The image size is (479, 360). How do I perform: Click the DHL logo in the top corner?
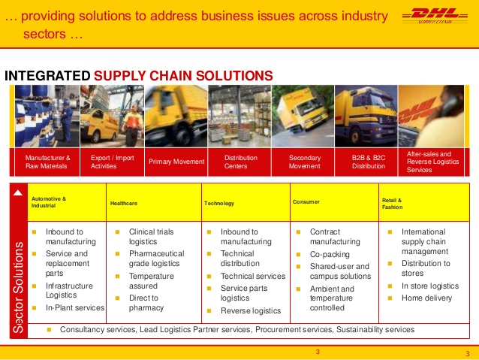click(435, 16)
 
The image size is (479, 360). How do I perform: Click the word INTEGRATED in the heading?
click(47, 76)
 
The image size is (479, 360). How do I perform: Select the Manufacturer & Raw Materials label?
click(47, 162)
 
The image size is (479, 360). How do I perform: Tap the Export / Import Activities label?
click(112, 162)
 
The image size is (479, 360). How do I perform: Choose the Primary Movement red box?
click(176, 162)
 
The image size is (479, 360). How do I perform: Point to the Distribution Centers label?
click(241, 162)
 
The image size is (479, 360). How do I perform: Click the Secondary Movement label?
click(305, 162)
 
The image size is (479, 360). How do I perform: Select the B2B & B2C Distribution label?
click(369, 162)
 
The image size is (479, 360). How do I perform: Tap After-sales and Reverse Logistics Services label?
click(432, 162)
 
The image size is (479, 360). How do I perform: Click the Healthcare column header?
click(124, 204)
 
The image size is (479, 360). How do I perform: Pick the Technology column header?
click(219, 204)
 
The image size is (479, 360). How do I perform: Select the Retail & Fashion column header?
click(392, 204)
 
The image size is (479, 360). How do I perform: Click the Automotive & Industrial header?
click(49, 202)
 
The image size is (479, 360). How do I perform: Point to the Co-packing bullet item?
click(330, 254)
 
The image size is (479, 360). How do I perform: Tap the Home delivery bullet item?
click(426, 298)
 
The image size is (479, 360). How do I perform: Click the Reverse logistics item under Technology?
click(251, 310)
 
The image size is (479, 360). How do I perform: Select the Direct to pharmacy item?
click(146, 303)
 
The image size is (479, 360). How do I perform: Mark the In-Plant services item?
click(75, 307)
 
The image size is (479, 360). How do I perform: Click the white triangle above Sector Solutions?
click(18, 192)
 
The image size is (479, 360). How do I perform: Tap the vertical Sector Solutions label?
click(18, 287)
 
